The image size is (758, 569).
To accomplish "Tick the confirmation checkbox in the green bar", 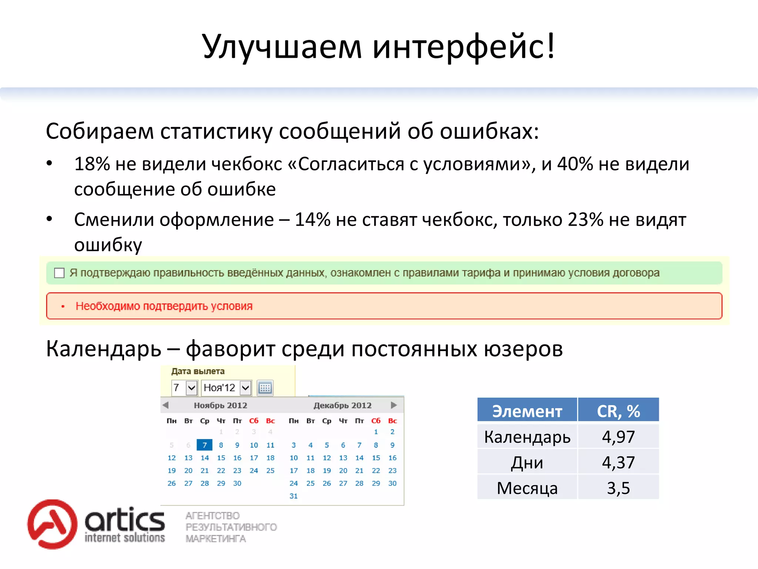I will pyautogui.click(x=59, y=273).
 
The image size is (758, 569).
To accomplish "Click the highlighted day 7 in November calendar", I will pyautogui.click(x=204, y=445).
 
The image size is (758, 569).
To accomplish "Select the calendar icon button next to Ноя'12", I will pyautogui.click(x=265, y=388).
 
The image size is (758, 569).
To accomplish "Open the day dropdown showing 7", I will pyautogui.click(x=191, y=388).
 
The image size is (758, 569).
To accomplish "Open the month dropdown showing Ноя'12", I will pyautogui.click(x=245, y=388).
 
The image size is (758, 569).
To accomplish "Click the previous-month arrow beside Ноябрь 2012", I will pyautogui.click(x=166, y=405).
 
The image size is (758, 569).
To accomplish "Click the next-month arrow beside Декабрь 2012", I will pyautogui.click(x=394, y=405).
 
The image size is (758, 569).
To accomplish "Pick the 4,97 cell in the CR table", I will pyautogui.click(x=618, y=437).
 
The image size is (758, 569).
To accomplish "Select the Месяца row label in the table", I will pyautogui.click(x=527, y=488).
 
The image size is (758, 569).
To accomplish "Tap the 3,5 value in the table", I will pyautogui.click(x=618, y=488).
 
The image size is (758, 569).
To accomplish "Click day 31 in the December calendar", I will pyautogui.click(x=294, y=496).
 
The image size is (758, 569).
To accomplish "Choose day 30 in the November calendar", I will pyautogui.click(x=237, y=483).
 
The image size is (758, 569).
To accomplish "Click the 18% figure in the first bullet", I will pyautogui.click(x=92, y=164).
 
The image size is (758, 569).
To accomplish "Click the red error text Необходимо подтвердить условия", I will pyautogui.click(x=164, y=306).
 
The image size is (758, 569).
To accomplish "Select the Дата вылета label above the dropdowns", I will pyautogui.click(x=198, y=371).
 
